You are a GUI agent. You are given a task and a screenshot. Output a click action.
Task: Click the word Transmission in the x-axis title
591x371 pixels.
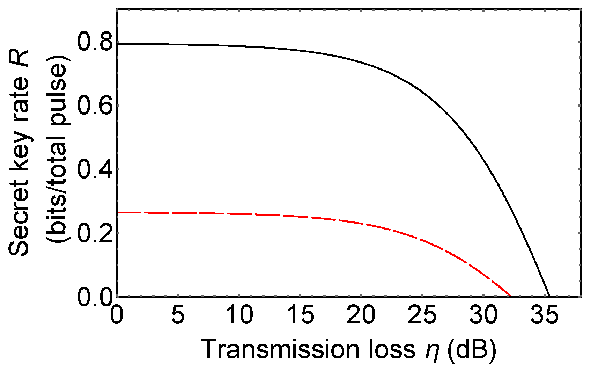tap(280, 349)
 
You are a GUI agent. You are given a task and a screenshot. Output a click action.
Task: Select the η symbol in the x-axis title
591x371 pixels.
tap(432, 351)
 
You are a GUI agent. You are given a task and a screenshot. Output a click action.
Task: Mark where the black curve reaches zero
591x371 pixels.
tap(549, 296)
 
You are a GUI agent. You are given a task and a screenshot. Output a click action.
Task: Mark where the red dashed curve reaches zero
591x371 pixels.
tap(511, 296)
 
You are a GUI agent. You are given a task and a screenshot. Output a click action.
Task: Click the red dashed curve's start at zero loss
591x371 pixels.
tap(117, 212)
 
